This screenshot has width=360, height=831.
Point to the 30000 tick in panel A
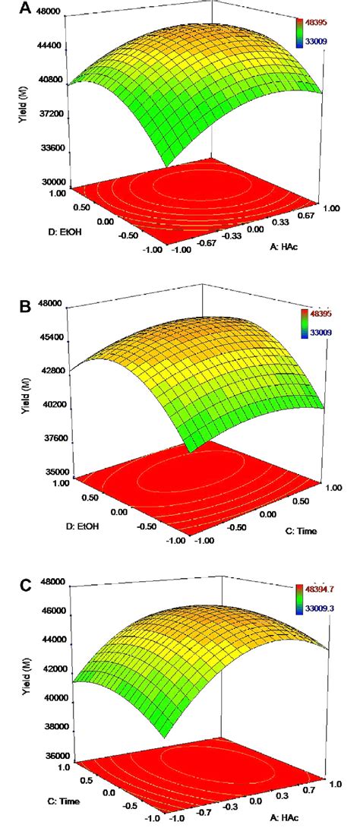[x=47, y=182]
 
